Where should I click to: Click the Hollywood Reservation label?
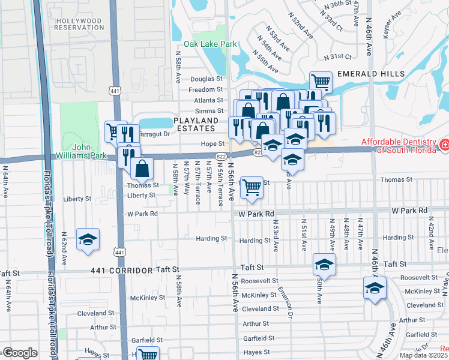click(79, 24)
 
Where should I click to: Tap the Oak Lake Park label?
click(210, 44)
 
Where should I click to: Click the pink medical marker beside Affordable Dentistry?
click(444, 144)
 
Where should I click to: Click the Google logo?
click(19, 353)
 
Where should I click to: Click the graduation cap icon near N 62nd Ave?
click(88, 239)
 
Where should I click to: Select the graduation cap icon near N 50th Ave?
click(324, 264)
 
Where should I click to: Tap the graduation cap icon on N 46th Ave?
click(375, 289)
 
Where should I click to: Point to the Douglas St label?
click(206, 79)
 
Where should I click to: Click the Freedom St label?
click(206, 90)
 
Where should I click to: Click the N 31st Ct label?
click(337, 57)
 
